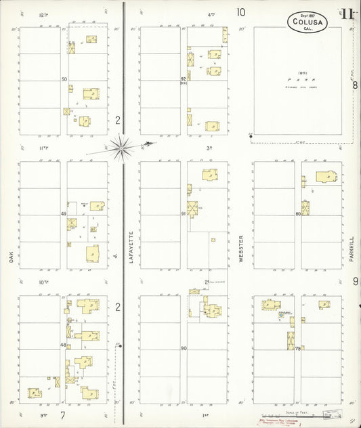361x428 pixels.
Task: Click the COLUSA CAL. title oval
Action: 307,21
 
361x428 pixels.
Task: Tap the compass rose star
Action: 121,145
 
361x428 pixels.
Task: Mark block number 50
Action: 64,79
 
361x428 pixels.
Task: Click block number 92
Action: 184,79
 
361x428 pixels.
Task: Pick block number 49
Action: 64,214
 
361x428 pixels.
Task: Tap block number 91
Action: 184,214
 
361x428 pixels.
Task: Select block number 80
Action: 298,214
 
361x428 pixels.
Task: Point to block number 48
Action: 64,345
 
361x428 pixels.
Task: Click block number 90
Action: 184,348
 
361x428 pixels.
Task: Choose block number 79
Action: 298,348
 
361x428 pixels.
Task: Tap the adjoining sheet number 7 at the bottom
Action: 62,414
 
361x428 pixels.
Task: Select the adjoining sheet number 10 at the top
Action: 240,12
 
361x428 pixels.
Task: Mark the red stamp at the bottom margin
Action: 278,421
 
